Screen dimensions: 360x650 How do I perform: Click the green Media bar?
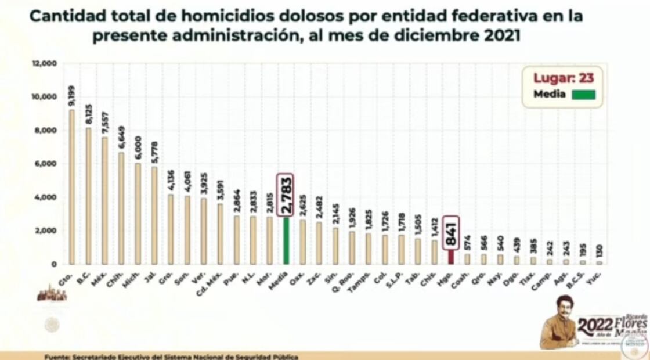(x=286, y=241)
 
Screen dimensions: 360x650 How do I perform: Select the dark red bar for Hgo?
(x=451, y=257)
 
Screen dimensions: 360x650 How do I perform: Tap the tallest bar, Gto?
(x=71, y=186)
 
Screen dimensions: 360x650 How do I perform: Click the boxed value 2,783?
(x=286, y=193)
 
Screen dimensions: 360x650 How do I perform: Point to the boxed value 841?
(x=451, y=233)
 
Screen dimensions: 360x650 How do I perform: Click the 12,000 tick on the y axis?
(x=45, y=63)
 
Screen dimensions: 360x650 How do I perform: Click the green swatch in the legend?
(x=583, y=95)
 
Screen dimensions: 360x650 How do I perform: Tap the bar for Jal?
(x=154, y=215)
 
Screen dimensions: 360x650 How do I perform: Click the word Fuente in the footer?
(x=57, y=356)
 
